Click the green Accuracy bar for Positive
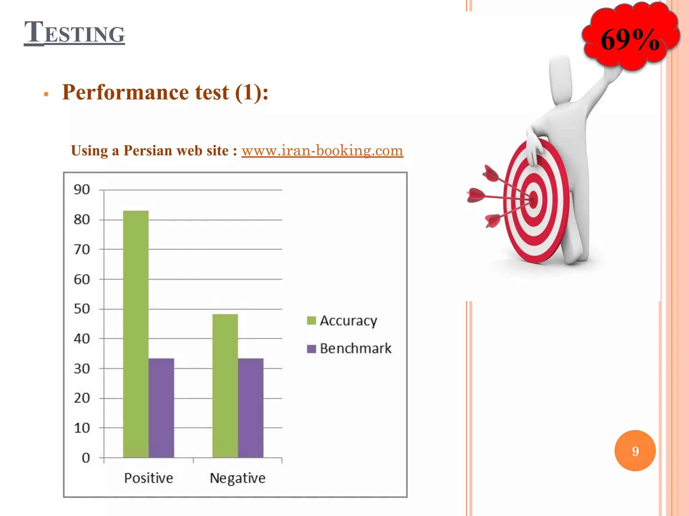[136, 334]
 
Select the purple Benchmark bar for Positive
[161, 408]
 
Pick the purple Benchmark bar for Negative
[251, 408]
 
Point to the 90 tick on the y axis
[82, 190]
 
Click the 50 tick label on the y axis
[82, 309]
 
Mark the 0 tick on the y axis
[86, 458]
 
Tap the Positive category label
[148, 478]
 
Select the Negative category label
[238, 478]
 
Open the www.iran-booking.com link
[322, 150]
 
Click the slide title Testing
[74, 33]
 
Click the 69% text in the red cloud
[630, 40]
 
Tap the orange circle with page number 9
[635, 451]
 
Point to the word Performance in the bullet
[125, 92]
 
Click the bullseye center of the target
[534, 199]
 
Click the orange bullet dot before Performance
[46, 94]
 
